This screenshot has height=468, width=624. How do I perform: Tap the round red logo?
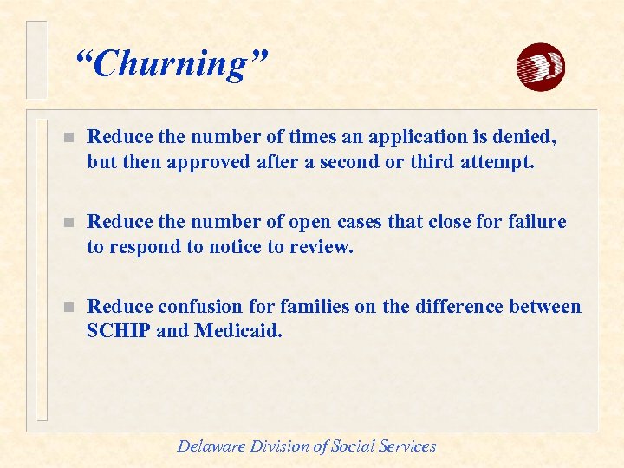coord(540,67)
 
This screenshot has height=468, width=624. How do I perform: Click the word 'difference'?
coord(454,307)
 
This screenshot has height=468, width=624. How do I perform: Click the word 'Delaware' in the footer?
coord(211,446)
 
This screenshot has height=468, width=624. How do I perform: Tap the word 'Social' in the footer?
coord(357,446)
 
